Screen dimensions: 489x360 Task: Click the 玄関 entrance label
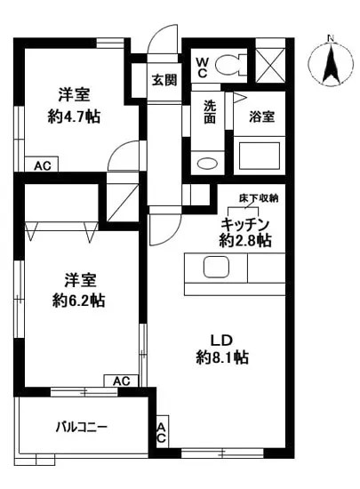pos(164,80)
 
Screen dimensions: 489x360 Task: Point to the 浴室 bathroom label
pos(260,116)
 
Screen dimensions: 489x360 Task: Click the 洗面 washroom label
pos(210,112)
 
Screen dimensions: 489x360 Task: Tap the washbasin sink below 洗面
pos(207,163)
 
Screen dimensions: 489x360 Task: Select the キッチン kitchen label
pos(245,224)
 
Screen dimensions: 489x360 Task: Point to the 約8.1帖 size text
pos(223,357)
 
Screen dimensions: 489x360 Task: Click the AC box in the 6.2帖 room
pos(122,381)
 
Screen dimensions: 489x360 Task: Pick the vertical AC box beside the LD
pos(162,435)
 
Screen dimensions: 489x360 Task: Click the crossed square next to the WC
pos(270,63)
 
